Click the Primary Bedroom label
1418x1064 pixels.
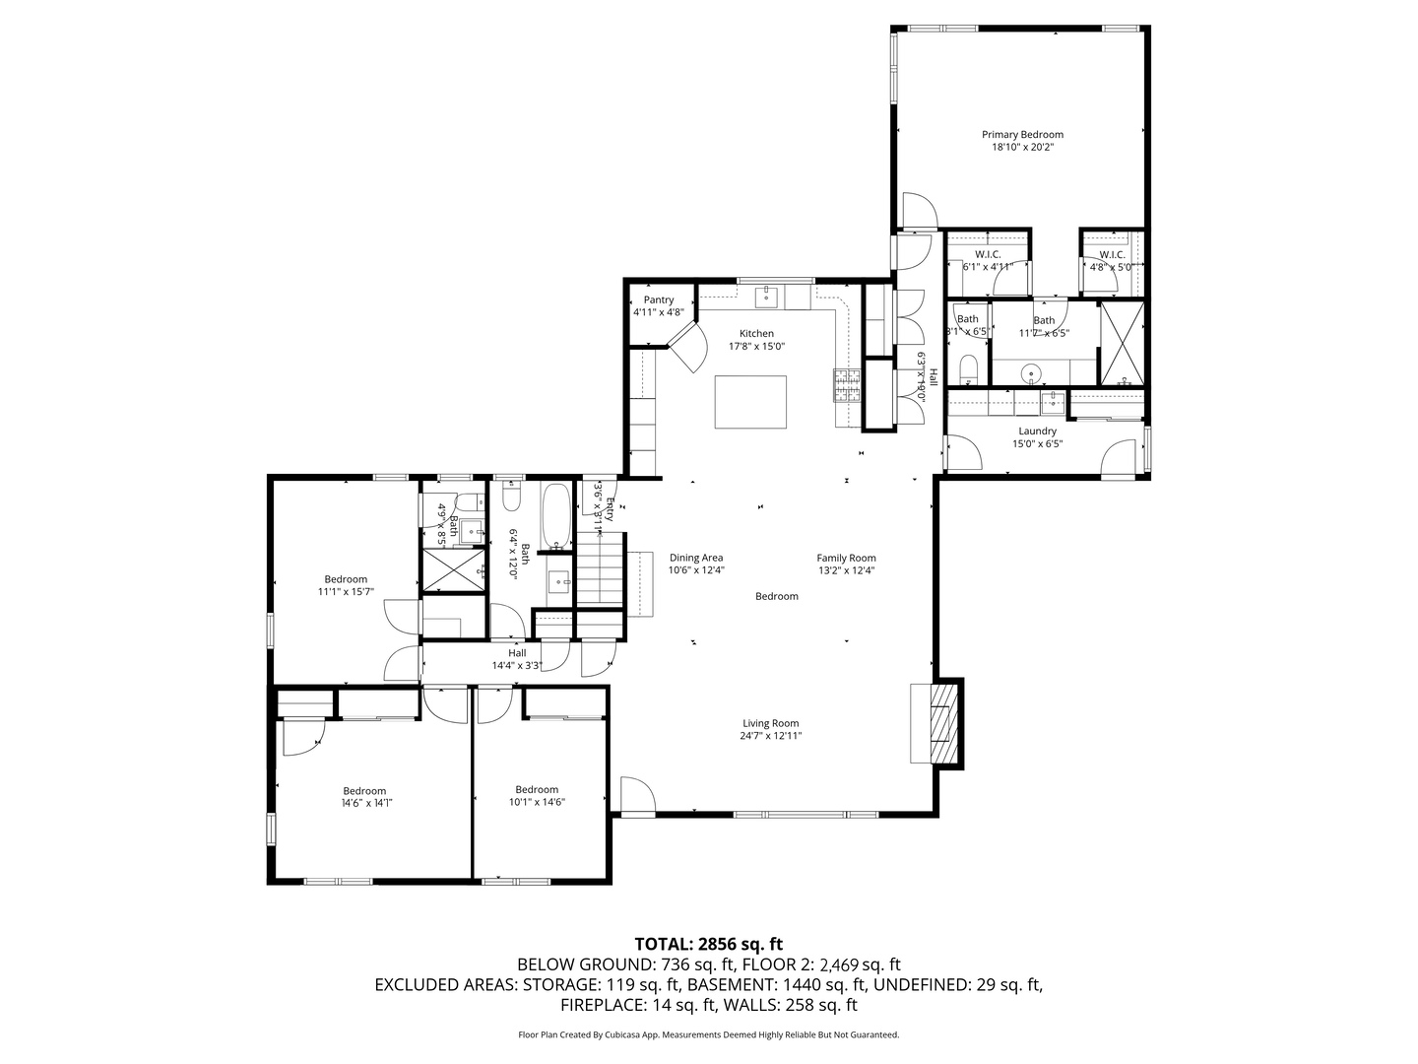tap(1022, 135)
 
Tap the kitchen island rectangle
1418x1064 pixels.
tap(750, 402)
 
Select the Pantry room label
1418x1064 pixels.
tap(659, 300)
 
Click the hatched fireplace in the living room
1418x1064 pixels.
tap(942, 722)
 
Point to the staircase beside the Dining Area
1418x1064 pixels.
tap(601, 568)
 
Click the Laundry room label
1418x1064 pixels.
tap(1037, 432)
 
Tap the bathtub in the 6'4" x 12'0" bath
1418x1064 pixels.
tap(556, 515)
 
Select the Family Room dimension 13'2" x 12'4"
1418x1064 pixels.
tap(846, 570)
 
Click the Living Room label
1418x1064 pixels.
tap(770, 723)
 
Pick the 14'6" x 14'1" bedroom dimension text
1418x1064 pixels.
tap(364, 803)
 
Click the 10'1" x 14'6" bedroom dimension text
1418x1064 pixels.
tap(537, 802)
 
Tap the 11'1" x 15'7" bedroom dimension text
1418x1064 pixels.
tap(346, 592)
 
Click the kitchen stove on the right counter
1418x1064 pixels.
tap(847, 385)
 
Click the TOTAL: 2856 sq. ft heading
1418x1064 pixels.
tap(708, 944)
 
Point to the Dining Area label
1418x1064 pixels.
tap(696, 558)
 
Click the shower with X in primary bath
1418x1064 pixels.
tap(1124, 344)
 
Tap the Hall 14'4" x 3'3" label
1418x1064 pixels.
tap(517, 653)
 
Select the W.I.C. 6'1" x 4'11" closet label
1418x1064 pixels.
tap(988, 254)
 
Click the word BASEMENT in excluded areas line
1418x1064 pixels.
tap(733, 985)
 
